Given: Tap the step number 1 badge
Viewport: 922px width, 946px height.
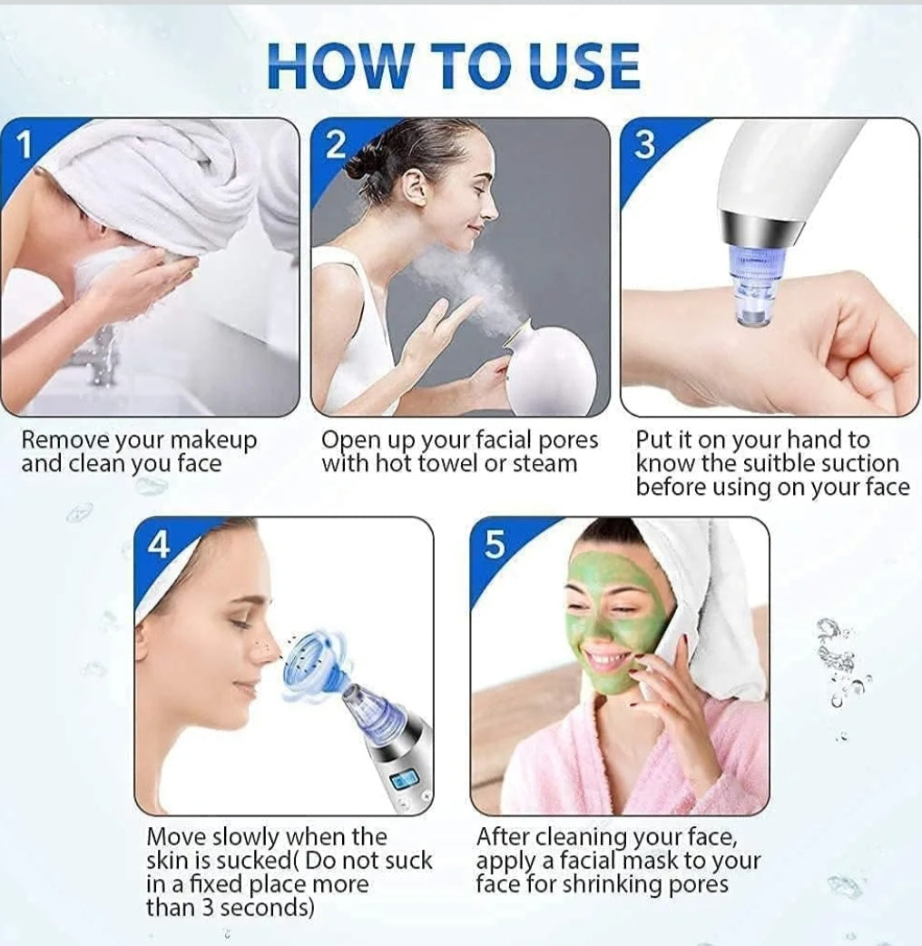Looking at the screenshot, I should coord(25,144).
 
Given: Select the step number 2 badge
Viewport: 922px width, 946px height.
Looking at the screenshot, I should coord(335,144).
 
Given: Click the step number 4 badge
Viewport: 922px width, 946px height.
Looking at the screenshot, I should coord(159,546).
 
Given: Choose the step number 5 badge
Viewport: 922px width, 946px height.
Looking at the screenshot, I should coord(495,546).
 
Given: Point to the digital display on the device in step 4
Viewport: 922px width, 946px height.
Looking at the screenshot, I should coord(403,779).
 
